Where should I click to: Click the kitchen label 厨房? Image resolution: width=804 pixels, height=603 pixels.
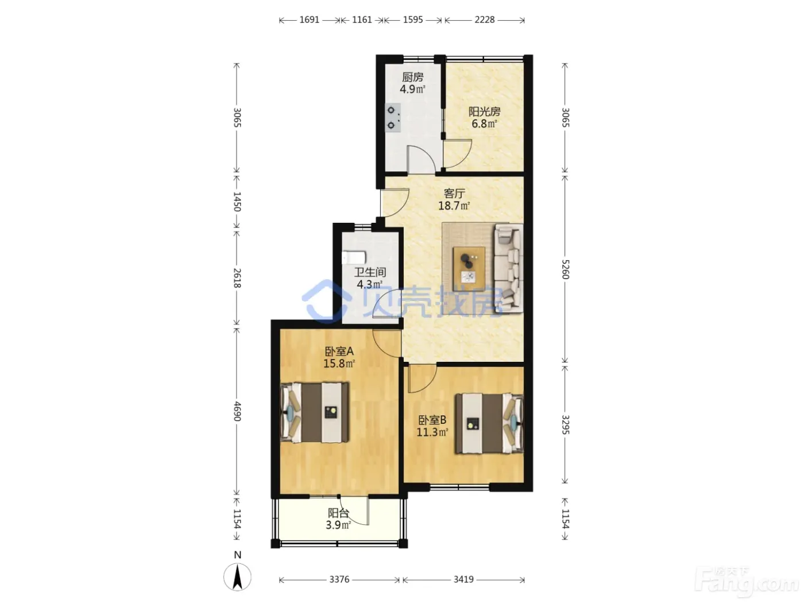(x=412, y=77)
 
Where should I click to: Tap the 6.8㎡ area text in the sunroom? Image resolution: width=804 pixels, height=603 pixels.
(x=484, y=123)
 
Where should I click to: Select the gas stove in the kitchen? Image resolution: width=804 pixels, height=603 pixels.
(x=393, y=118)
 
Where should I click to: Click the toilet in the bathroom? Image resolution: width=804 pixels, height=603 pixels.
(x=354, y=257)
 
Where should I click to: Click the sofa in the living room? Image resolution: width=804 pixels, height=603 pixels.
(x=508, y=269)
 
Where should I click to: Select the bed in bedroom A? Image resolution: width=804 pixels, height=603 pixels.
(x=315, y=412)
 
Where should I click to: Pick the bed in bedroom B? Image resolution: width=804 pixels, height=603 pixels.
(x=489, y=424)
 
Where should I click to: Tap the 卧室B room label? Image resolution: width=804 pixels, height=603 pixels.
(x=432, y=420)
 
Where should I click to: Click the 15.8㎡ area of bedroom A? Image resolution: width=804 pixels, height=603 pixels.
(x=339, y=364)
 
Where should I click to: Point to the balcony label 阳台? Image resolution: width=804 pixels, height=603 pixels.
(x=338, y=513)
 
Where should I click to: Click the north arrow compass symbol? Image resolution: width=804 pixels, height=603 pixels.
(x=237, y=577)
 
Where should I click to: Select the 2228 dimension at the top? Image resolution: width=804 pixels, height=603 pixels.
(x=484, y=20)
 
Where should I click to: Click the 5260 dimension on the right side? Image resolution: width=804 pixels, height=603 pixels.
(x=566, y=269)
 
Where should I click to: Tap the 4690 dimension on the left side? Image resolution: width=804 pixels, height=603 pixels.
(x=237, y=411)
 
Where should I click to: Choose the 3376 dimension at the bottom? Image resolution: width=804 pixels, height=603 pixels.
(x=339, y=579)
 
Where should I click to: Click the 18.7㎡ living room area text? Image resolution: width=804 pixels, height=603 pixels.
(x=454, y=206)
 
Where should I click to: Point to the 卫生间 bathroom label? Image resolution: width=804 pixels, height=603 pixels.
(x=370, y=272)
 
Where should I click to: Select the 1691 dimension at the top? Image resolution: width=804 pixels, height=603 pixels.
(x=310, y=20)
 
